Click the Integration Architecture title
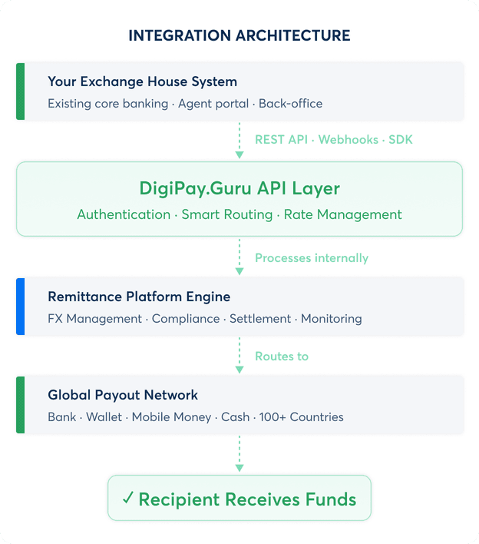239,35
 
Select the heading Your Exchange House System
142,81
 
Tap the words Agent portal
213,104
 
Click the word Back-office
291,104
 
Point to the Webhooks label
349,140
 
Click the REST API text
282,140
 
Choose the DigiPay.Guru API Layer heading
240,188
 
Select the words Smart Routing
227,214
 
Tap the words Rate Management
343,214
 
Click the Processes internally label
312,258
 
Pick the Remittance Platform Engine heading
139,297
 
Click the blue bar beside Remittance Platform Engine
20,306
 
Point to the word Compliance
186,318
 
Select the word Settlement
260,318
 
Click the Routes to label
282,357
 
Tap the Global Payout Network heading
123,395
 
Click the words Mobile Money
171,417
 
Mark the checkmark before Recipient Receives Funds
128,499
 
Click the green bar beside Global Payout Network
20,404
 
